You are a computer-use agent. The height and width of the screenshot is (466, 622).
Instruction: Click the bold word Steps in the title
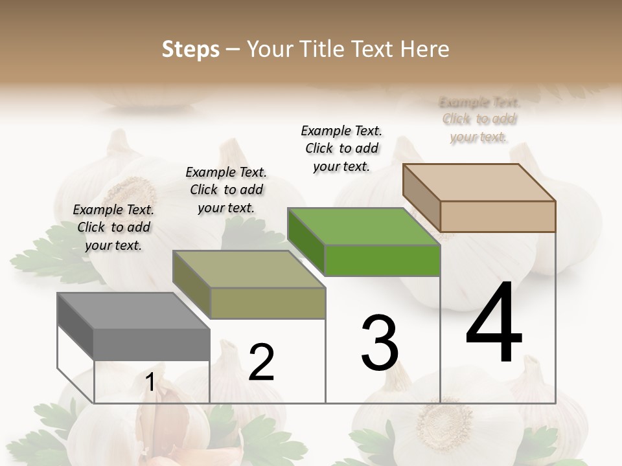(190, 49)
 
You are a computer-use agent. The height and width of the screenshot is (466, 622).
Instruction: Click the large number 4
(494, 324)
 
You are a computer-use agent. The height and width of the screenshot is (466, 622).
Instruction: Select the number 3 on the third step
(380, 343)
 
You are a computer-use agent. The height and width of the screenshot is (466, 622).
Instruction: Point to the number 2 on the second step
(261, 362)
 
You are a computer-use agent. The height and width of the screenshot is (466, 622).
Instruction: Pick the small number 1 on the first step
(150, 383)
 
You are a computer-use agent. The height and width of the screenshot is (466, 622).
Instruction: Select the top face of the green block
(363, 227)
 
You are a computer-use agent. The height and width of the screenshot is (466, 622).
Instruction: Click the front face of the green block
(382, 261)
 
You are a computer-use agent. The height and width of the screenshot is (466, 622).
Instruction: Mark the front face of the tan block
(498, 216)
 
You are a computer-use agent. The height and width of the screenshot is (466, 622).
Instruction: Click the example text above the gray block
(113, 227)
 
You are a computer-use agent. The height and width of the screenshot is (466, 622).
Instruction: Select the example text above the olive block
(226, 190)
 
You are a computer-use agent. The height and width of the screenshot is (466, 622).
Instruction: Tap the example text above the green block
(341, 148)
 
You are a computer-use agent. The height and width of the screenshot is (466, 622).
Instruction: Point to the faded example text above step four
(479, 119)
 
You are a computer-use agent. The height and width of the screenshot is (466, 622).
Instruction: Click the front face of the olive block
(268, 303)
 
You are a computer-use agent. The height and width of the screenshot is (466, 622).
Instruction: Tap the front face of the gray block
(152, 344)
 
